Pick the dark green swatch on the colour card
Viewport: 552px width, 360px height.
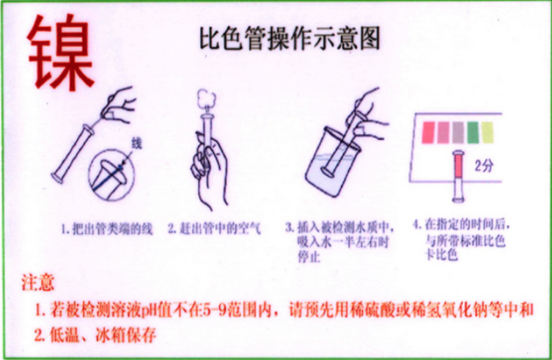click(473, 131)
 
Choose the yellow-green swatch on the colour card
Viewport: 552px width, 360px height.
click(487, 131)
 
